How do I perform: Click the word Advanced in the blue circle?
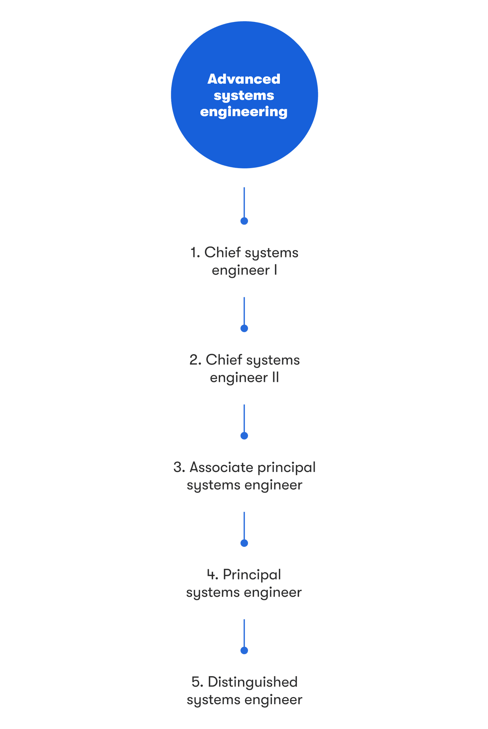pos(244,79)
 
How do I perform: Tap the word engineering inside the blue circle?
pos(244,112)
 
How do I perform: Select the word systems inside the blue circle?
pos(244,96)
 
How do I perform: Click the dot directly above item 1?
pos(244,221)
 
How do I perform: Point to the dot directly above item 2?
pos(244,328)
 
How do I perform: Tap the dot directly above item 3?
pos(244,436)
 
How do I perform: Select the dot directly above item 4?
pos(244,543)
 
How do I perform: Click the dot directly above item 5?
pos(244,650)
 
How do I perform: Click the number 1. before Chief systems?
pos(195,253)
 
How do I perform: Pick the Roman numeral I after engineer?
pos(275,270)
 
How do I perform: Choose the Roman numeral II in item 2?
pos(275,378)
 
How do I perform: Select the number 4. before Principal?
pos(212,575)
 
